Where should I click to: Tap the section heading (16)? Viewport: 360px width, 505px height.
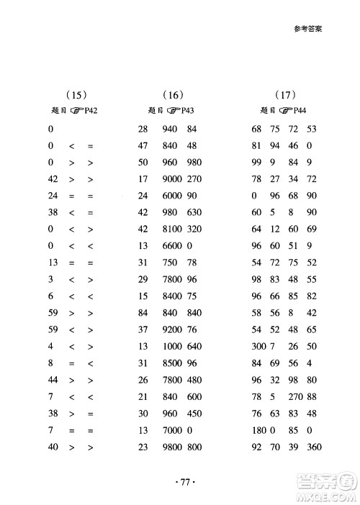click(x=174, y=94)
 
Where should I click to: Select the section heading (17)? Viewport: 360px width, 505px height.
click(x=286, y=94)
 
